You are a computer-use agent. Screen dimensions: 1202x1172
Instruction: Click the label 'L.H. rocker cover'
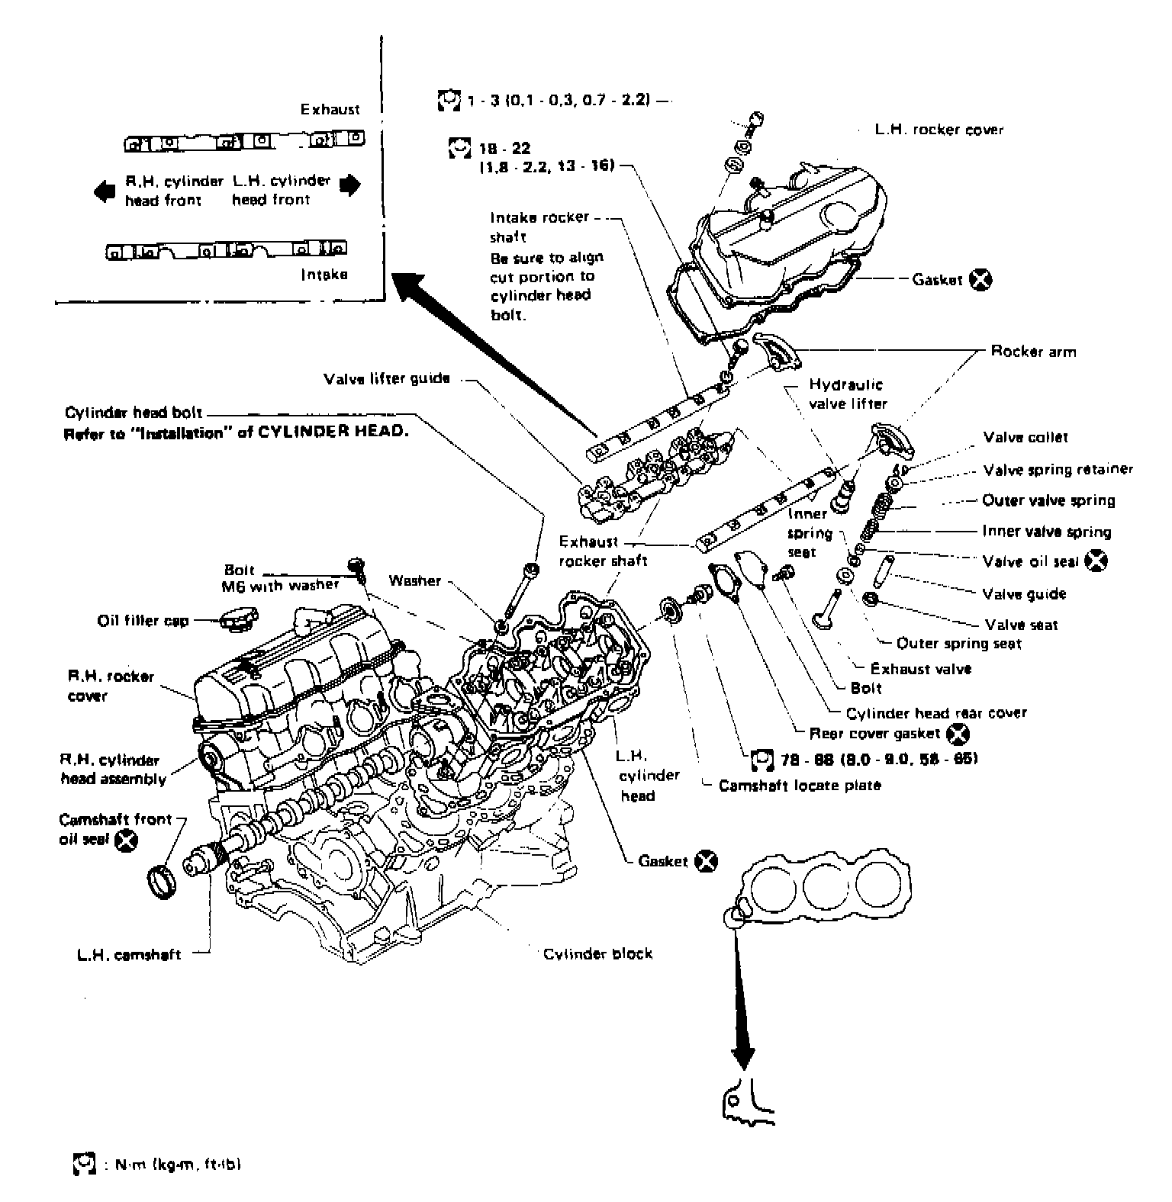click(x=939, y=130)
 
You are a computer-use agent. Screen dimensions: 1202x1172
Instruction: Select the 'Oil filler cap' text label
click(x=143, y=620)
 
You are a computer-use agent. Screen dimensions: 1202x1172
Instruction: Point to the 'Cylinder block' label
click(x=597, y=954)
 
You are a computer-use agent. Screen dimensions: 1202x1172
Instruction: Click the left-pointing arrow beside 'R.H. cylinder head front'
click(x=104, y=191)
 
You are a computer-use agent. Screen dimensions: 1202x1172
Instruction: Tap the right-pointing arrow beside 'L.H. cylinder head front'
click(x=349, y=185)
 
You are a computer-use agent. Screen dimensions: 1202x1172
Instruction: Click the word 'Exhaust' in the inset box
click(x=330, y=109)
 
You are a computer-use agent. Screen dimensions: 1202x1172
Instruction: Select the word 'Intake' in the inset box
click(x=324, y=274)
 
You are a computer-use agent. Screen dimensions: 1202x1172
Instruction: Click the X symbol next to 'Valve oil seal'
click(x=1097, y=561)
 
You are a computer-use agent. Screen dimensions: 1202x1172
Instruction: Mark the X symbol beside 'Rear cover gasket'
click(x=957, y=734)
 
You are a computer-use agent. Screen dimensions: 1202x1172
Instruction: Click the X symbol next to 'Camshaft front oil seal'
click(x=126, y=840)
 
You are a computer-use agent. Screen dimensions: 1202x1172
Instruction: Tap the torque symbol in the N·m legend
click(x=82, y=1164)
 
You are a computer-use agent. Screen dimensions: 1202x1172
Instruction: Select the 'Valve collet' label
click(x=1025, y=438)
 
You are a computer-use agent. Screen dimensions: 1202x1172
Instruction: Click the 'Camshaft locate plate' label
click(x=800, y=786)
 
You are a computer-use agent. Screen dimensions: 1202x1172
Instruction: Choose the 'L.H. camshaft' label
click(x=129, y=954)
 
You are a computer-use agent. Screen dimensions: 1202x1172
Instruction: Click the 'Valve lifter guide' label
click(x=387, y=378)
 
